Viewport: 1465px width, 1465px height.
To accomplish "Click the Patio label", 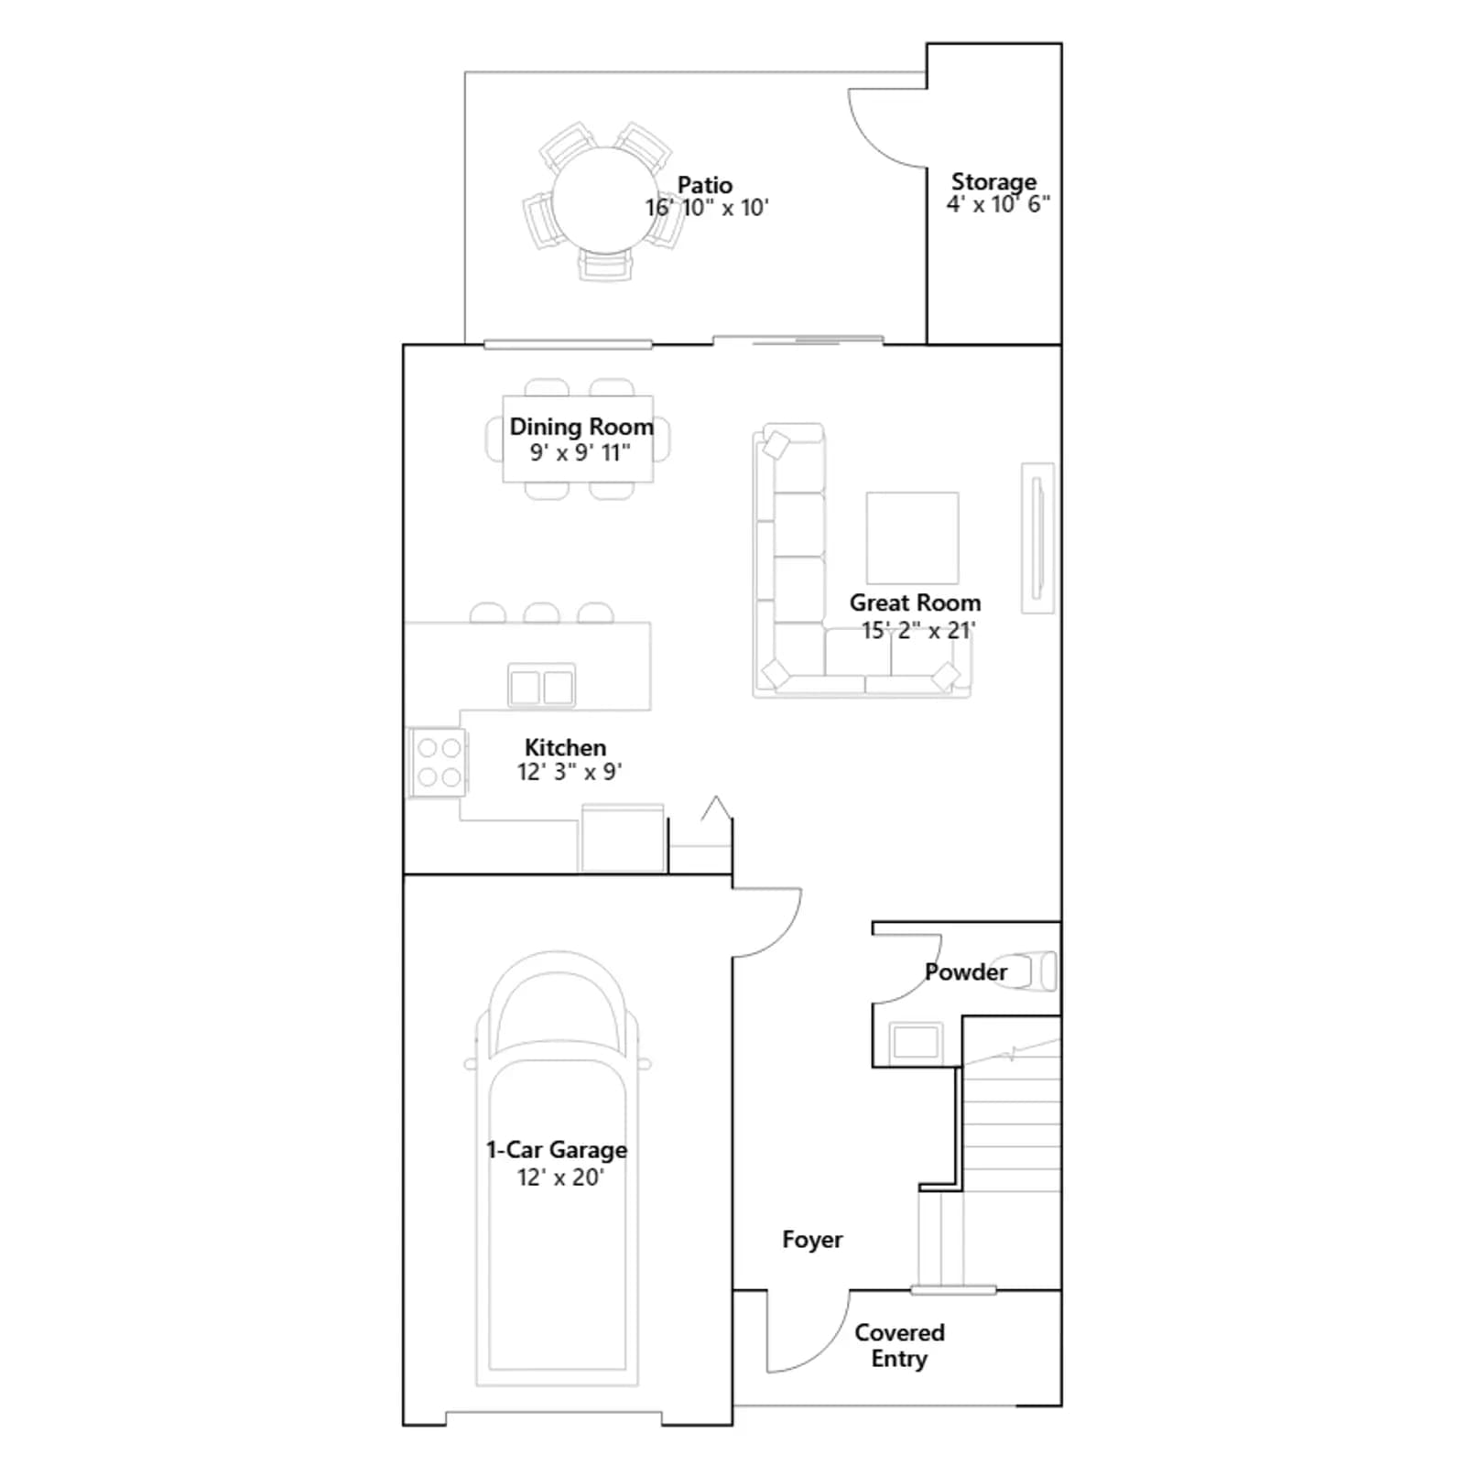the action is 705,185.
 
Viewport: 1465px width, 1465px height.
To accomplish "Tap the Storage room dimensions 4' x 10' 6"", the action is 998,204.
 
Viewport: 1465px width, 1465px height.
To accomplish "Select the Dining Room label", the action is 581,427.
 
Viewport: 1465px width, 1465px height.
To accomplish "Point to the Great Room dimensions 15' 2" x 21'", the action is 917,630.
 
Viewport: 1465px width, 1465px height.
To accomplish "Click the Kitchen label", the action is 565,747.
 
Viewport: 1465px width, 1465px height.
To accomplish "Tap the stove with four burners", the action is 439,762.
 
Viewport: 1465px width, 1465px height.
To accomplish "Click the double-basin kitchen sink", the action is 541,686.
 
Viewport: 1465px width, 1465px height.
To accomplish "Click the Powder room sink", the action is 916,1041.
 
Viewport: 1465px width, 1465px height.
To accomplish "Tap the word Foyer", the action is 812,1240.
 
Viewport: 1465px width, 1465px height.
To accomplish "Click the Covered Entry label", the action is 899,1345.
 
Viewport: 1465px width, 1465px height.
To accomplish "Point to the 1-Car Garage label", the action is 557,1150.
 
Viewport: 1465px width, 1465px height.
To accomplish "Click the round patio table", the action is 605,201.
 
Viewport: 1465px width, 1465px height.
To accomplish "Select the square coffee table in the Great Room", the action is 912,537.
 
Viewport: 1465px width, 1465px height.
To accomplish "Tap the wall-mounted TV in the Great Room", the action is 1037,537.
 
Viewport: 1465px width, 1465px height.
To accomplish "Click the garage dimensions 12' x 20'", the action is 560,1177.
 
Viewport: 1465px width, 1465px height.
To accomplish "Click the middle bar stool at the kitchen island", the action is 541,613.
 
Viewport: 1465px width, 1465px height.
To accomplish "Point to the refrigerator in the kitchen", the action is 623,838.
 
